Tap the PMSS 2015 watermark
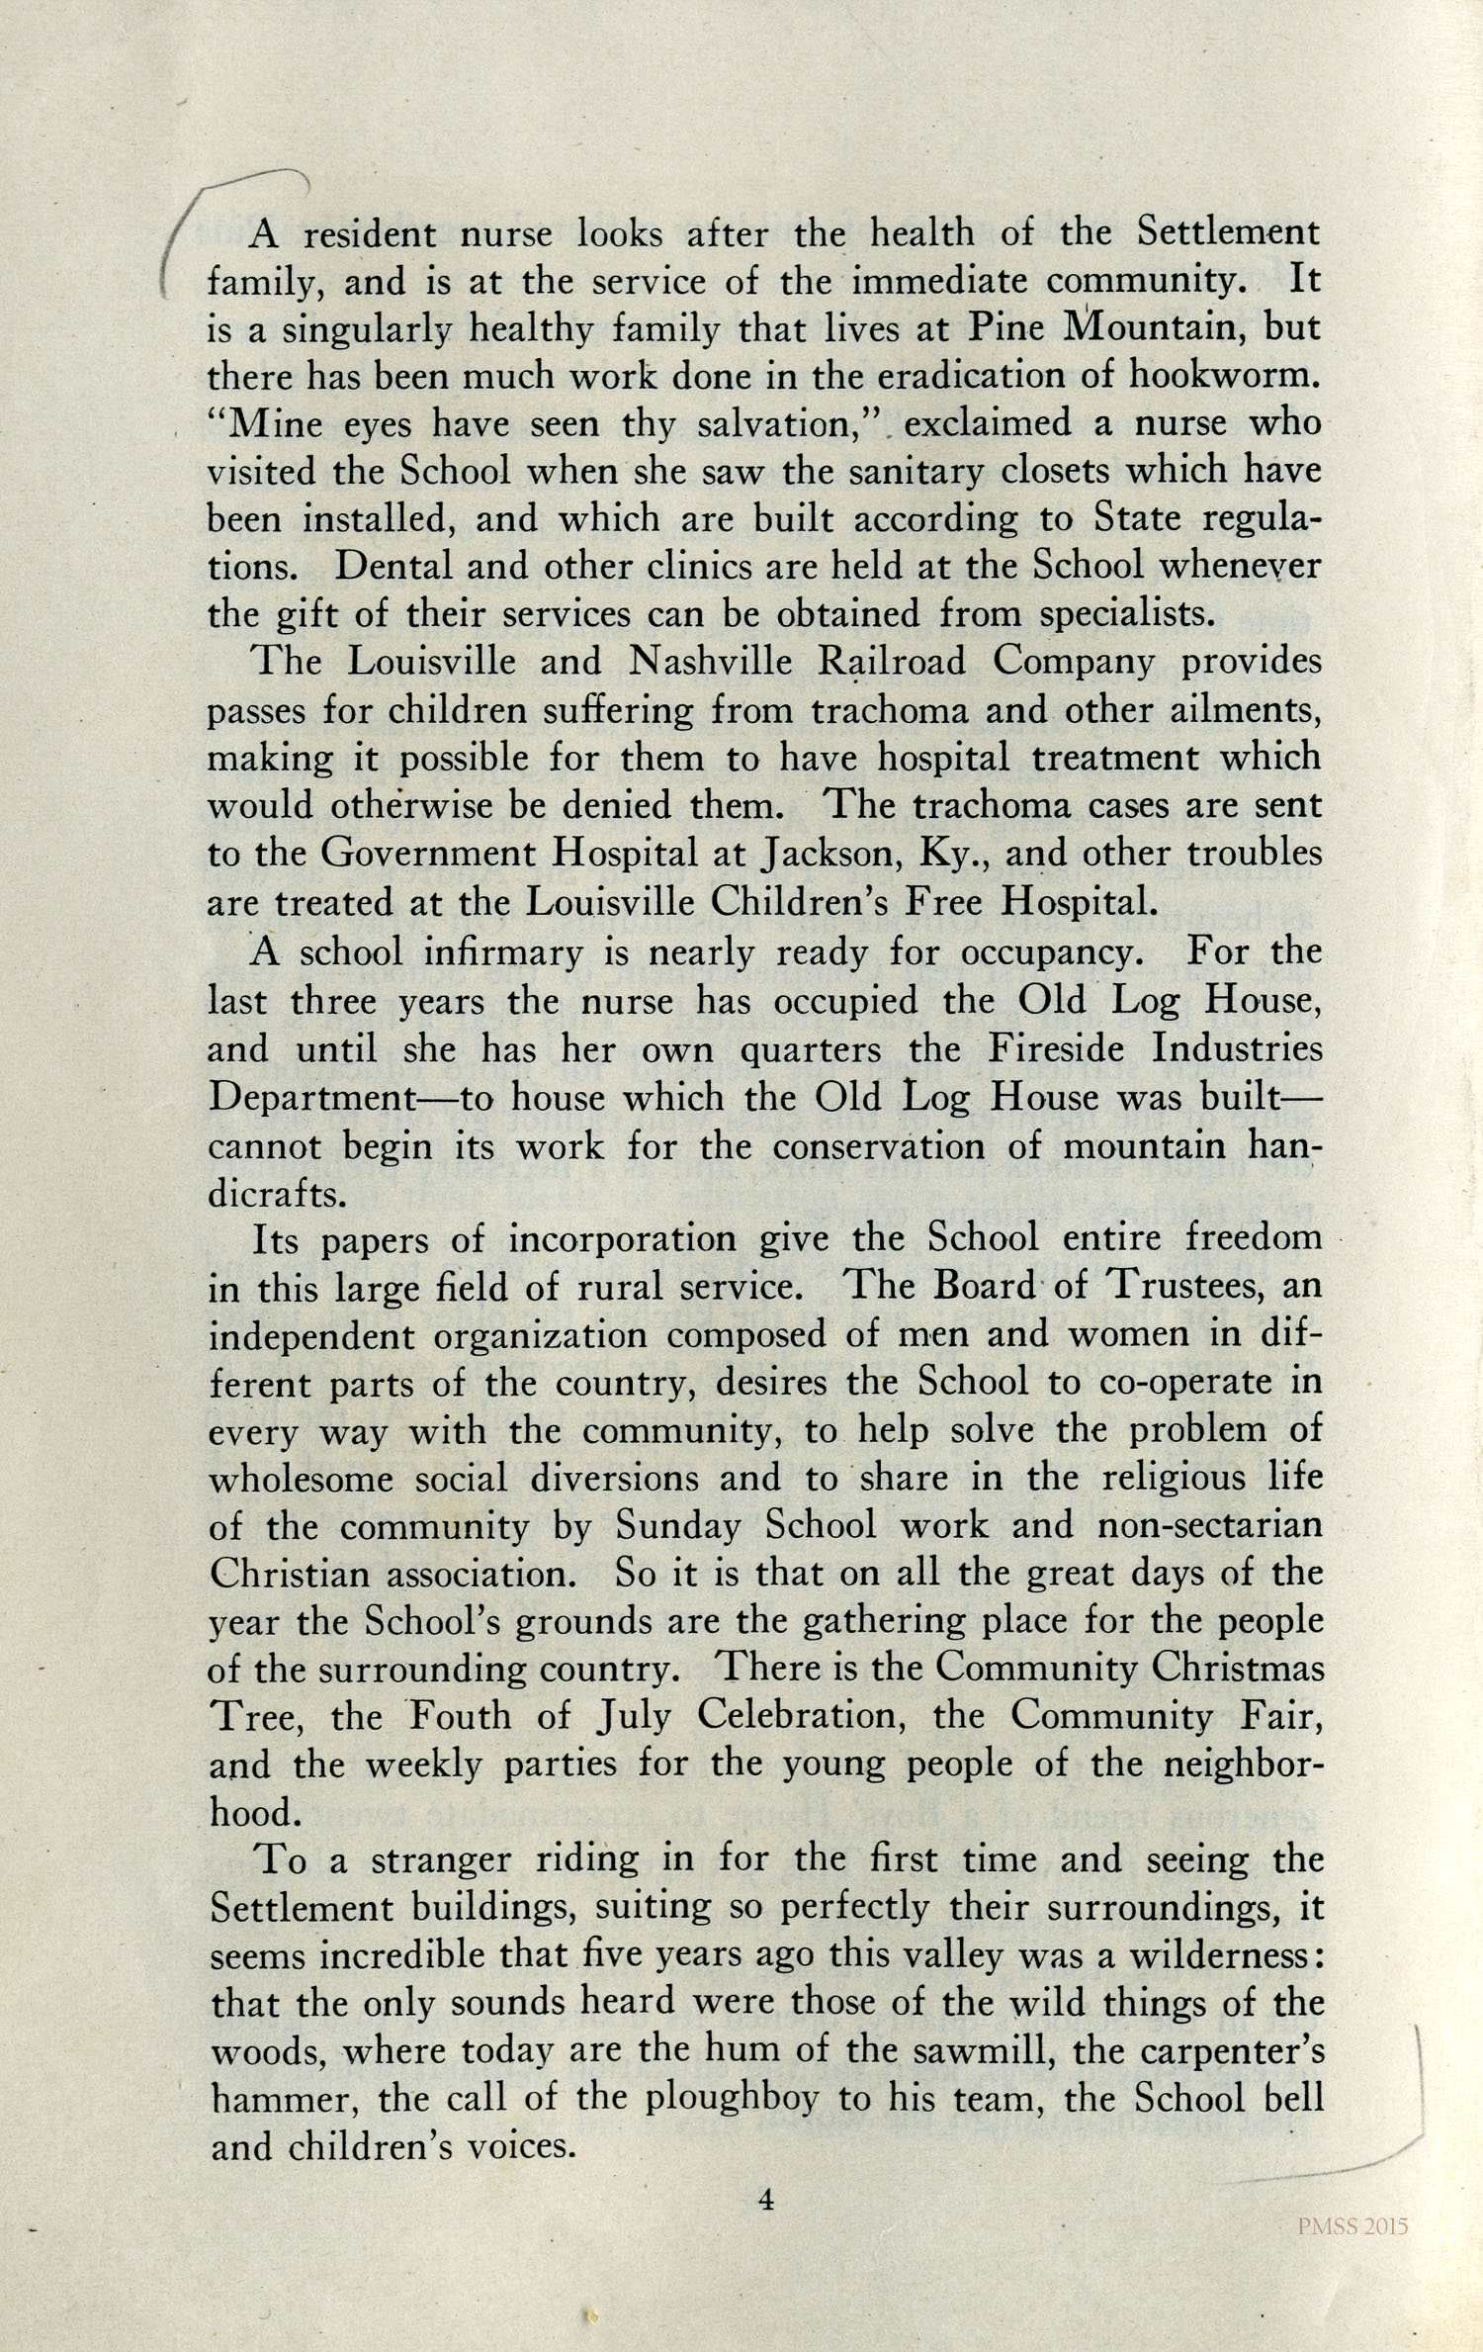click(x=1352, y=2226)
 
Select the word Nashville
click(x=710, y=662)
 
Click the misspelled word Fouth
click(x=460, y=1715)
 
